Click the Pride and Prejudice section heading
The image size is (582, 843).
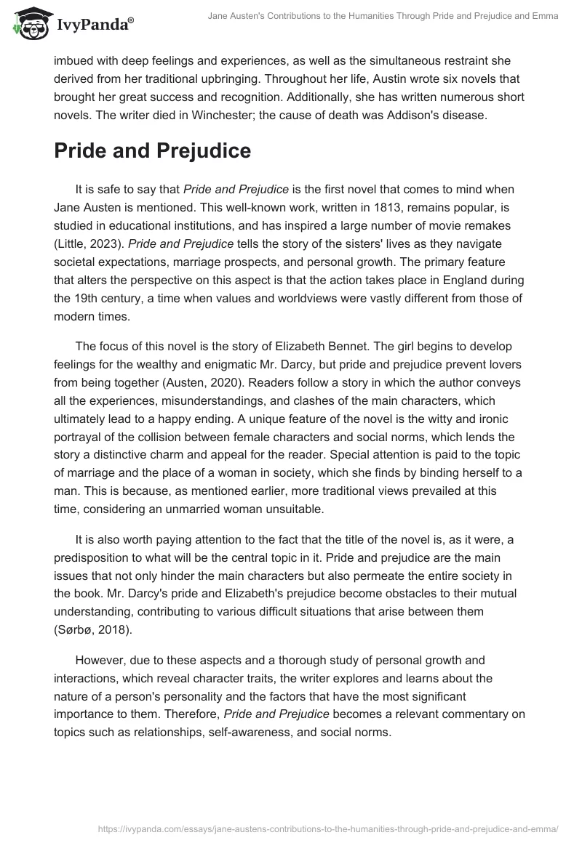(x=153, y=150)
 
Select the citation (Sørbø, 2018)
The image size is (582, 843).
(x=92, y=629)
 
